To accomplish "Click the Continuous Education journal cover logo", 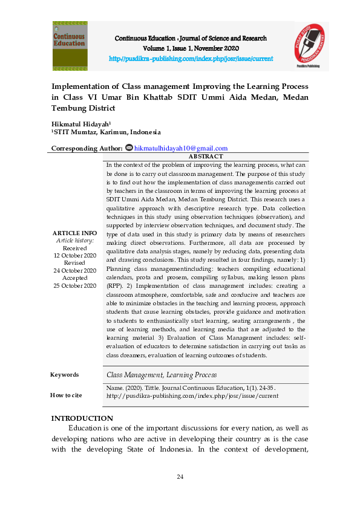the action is coord(70,46).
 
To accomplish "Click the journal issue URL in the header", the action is coord(191,59).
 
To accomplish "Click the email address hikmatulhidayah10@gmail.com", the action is coord(180,148).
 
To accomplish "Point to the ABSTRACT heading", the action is coord(206,157).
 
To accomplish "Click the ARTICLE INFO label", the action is coord(74,233).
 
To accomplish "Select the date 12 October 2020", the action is coord(74,256).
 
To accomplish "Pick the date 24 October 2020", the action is coord(74,270).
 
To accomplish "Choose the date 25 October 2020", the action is coord(74,285).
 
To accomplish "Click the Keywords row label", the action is coord(65,375).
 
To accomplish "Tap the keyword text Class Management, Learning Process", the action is coord(161,375).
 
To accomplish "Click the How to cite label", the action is coord(67,395).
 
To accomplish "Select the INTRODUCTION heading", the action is coord(82,418).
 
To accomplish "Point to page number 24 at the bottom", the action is coord(180,478).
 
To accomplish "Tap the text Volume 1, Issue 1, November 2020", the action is coord(191,48).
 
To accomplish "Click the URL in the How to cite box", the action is coord(192,396).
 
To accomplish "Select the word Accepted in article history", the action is coord(74,278).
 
